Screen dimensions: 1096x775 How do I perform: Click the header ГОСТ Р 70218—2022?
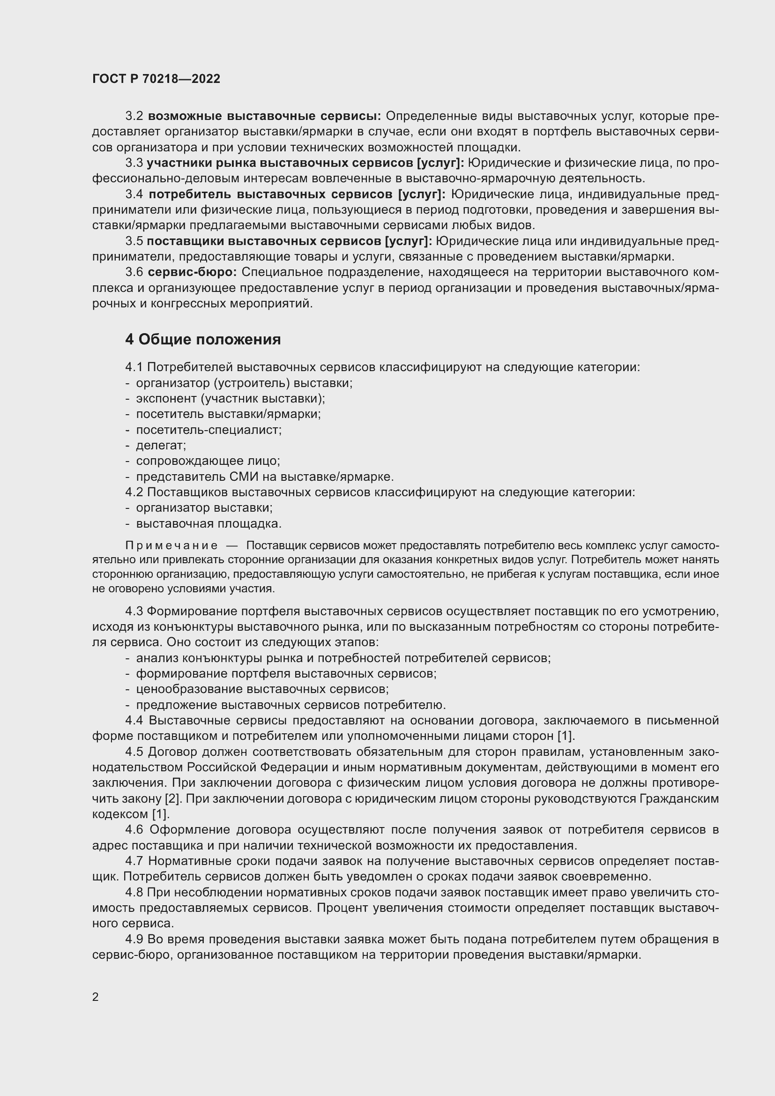point(156,79)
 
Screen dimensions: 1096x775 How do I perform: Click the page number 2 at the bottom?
point(96,997)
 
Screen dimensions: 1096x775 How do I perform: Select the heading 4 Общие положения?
point(203,339)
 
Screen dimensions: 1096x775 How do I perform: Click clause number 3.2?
point(134,116)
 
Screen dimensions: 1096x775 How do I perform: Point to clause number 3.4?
point(134,194)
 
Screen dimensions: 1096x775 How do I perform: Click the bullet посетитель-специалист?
point(209,430)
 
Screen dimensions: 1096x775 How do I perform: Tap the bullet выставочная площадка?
point(209,524)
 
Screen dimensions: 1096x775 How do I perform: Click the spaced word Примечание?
point(171,545)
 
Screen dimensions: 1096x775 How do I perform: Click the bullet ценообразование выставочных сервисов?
point(262,689)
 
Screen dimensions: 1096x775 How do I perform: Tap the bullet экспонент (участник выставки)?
point(230,398)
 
